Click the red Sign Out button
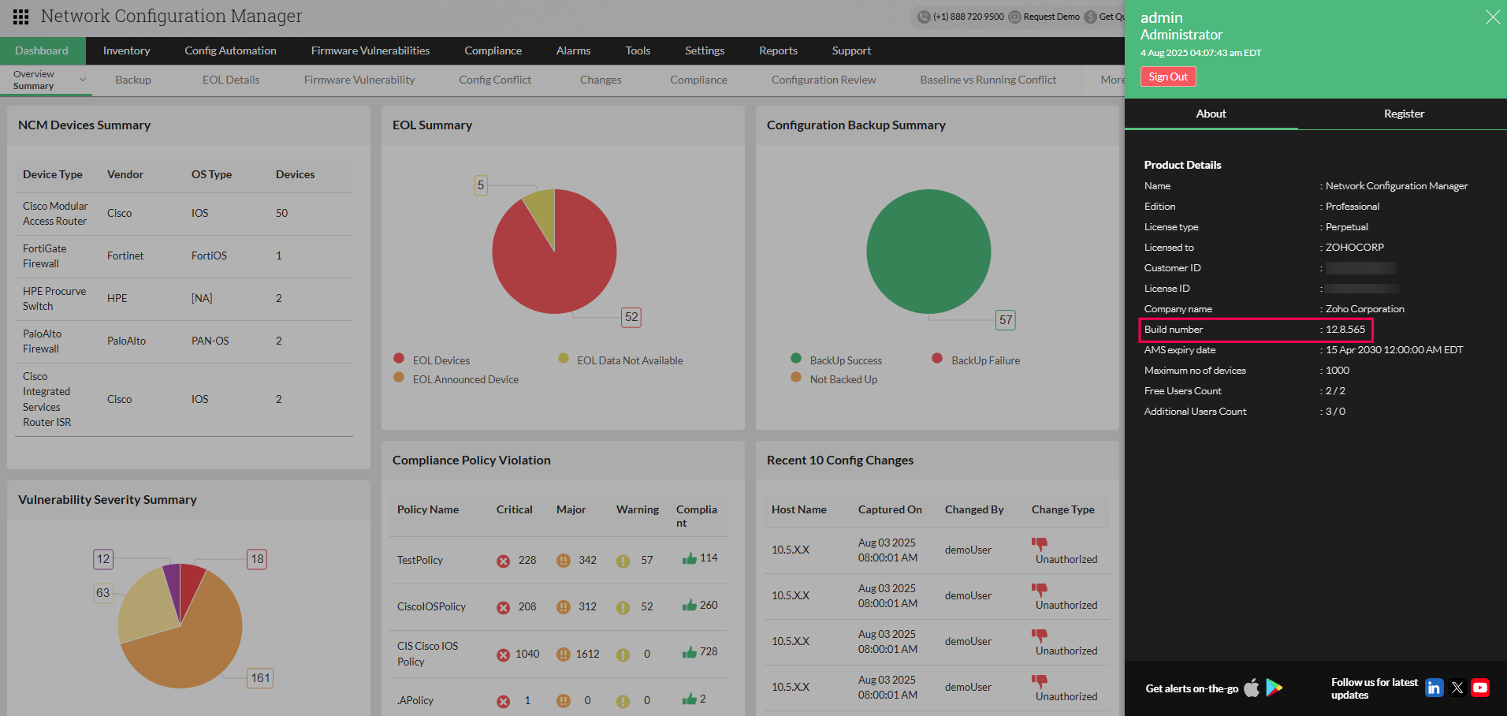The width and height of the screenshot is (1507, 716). (x=1167, y=76)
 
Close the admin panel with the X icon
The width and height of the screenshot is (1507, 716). (x=1492, y=17)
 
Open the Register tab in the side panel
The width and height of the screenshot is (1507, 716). (x=1403, y=114)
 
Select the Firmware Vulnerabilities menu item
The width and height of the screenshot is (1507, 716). (x=370, y=50)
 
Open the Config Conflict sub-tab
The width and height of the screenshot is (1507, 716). (x=495, y=80)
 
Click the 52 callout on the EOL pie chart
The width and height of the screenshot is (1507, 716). (x=631, y=317)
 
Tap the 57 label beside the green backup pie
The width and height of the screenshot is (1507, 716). (x=1005, y=319)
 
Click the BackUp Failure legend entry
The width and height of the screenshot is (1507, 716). (x=984, y=360)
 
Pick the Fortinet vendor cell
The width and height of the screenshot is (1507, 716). (x=125, y=256)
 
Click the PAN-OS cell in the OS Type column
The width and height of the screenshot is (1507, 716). (x=210, y=341)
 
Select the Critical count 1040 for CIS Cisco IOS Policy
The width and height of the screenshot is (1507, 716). (x=527, y=654)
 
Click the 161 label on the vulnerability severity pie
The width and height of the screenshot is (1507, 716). (x=260, y=678)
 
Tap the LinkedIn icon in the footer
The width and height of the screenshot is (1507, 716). (x=1434, y=688)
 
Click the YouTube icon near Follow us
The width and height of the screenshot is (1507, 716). (x=1480, y=688)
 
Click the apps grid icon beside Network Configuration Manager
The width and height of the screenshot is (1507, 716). (x=21, y=17)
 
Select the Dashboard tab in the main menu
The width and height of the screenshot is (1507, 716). (x=42, y=50)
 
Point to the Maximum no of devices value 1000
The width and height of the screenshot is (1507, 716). (x=1337, y=371)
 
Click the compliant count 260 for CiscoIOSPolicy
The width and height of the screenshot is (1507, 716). (x=708, y=605)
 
